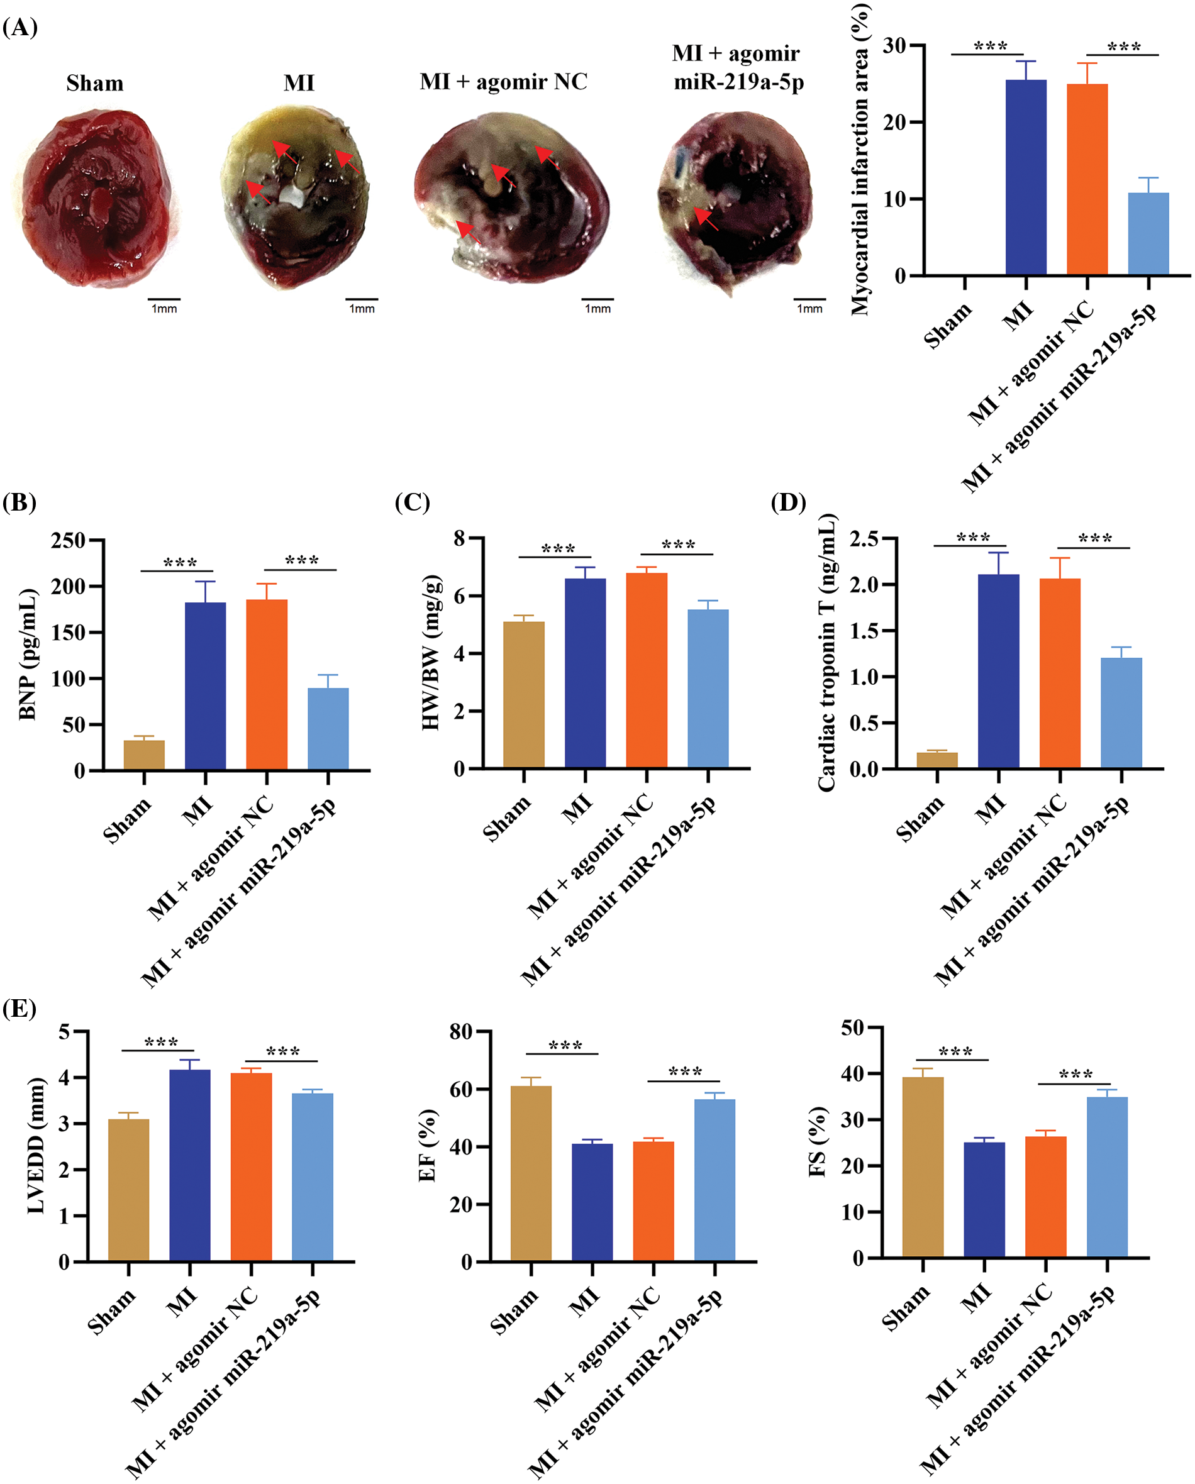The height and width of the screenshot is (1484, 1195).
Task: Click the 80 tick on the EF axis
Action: pos(461,1031)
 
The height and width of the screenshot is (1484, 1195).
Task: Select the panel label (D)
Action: pos(787,502)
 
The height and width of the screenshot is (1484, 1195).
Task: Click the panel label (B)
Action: pos(19,502)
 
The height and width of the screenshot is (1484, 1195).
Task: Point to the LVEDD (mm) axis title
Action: pos(36,1146)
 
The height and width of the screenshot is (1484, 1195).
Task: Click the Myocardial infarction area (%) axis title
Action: pos(860,160)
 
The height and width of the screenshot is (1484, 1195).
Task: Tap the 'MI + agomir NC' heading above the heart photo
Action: pos(503,82)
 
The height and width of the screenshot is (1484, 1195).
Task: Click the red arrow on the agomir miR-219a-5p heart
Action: pos(706,219)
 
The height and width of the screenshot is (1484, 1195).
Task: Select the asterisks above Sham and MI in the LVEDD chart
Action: pos(161,1042)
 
